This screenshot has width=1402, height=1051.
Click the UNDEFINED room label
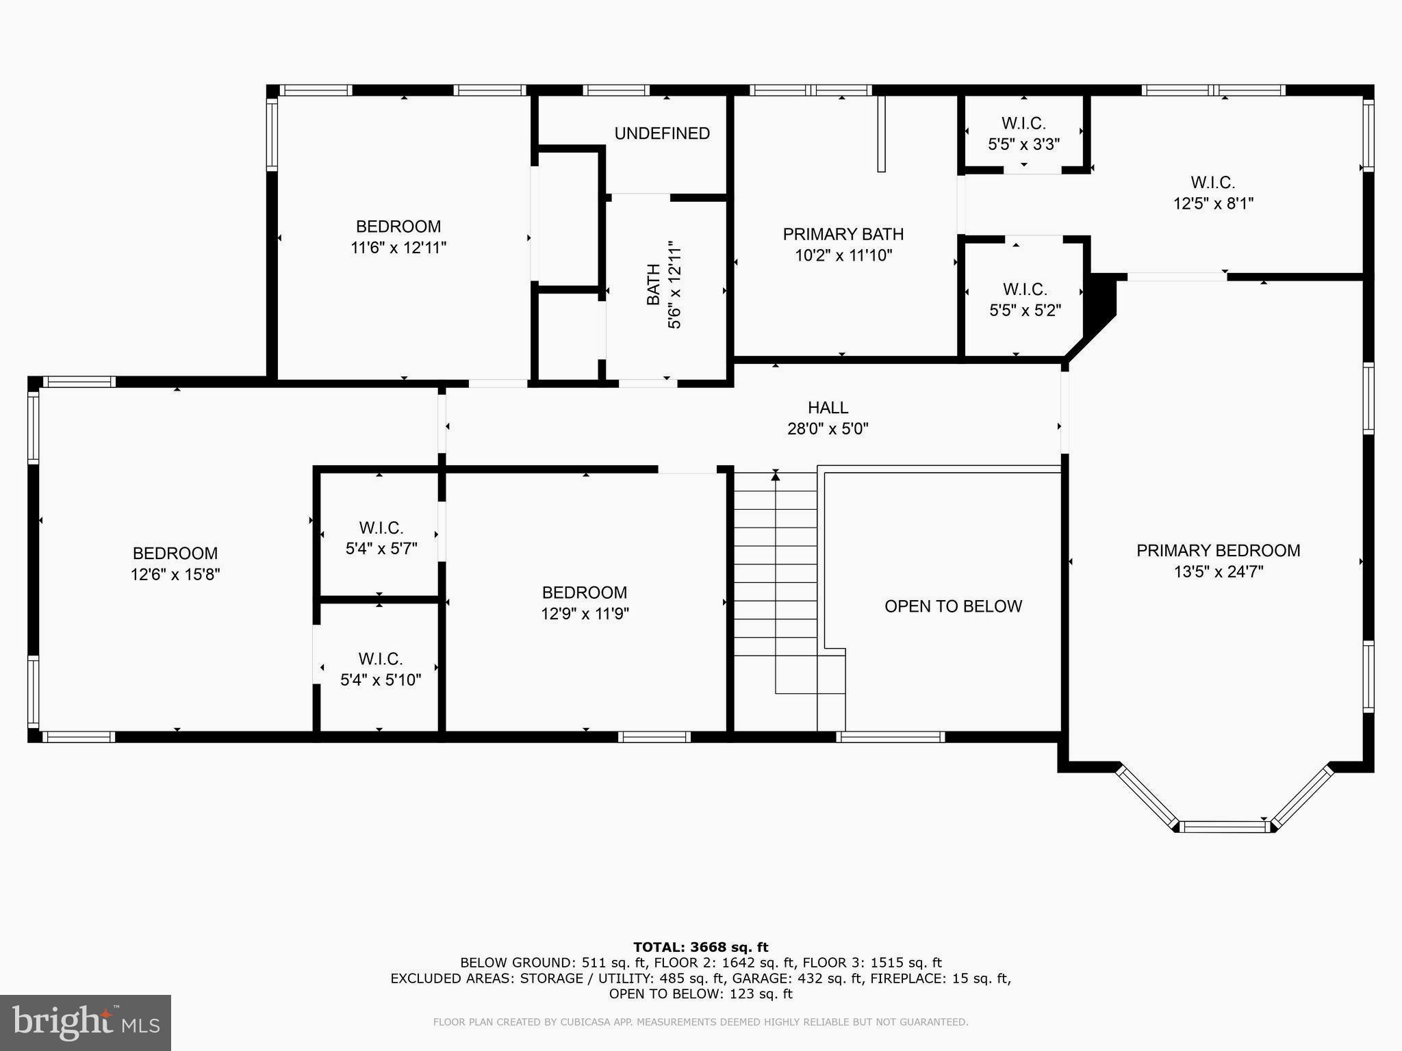(x=661, y=133)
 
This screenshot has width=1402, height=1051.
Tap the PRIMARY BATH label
(x=843, y=234)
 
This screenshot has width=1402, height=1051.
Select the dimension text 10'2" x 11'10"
(x=843, y=255)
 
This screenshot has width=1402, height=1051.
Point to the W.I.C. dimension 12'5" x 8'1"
(x=1213, y=203)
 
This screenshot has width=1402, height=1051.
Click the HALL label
(x=828, y=408)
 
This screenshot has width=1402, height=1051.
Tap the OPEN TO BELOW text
(x=953, y=606)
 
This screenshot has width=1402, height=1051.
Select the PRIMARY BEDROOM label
(x=1218, y=551)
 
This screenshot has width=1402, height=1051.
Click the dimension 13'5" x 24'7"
(x=1218, y=572)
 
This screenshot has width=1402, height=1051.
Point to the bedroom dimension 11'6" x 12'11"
(x=398, y=248)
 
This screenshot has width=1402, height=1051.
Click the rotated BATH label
(x=654, y=285)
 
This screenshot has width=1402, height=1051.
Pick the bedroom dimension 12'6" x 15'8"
(x=175, y=575)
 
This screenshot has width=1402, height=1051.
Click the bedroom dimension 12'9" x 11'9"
(x=585, y=614)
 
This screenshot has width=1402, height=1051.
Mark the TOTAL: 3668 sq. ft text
(x=700, y=947)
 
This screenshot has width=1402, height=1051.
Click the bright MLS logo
(x=86, y=1022)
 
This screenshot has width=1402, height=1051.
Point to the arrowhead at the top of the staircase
(x=775, y=475)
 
